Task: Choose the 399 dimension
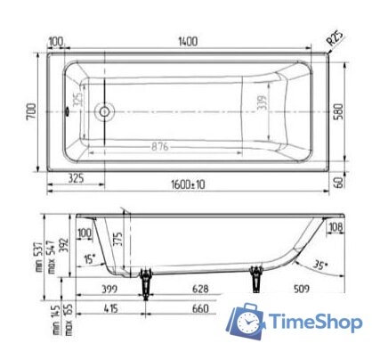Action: click(x=109, y=290)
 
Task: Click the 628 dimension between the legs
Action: click(x=201, y=290)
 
